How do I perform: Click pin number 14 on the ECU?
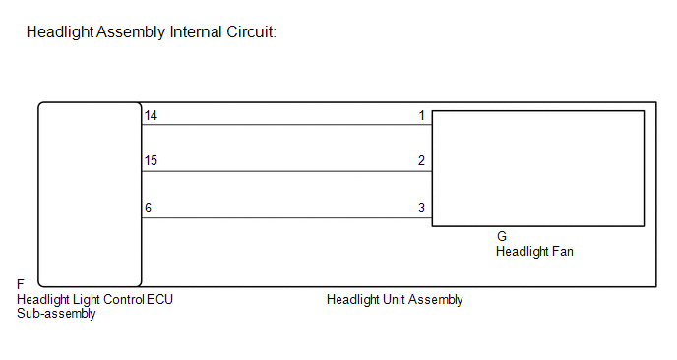coord(151,116)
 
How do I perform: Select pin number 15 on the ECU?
coord(151,161)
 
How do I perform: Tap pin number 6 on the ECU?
coord(148,209)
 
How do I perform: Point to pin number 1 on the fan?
coord(422,116)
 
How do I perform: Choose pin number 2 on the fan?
coord(422,161)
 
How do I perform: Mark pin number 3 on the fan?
coord(422,209)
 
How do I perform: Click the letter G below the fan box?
coord(501,236)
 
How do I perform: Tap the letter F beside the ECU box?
coord(21,284)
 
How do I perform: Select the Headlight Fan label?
coord(534,252)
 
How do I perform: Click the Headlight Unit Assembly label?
coord(395,300)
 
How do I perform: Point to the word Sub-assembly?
coord(56,314)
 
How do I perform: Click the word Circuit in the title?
coord(251,32)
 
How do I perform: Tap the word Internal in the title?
coord(196,32)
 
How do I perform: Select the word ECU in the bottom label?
coord(159,300)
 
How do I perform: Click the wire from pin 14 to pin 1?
coord(286,125)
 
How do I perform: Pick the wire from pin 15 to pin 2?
coord(286,171)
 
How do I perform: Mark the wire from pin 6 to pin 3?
coord(286,218)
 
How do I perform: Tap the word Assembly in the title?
coord(131,32)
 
